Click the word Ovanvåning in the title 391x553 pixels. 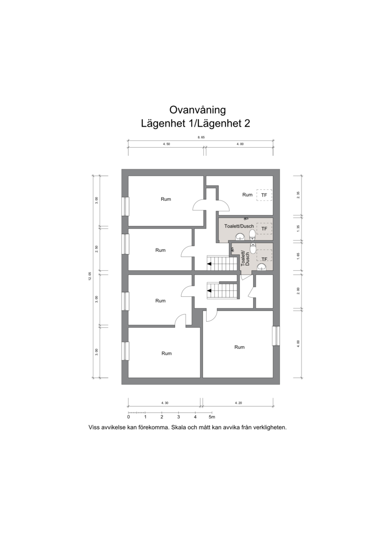[x=197, y=110]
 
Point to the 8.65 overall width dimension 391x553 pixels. [x=201, y=137]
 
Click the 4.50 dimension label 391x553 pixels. [x=166, y=144]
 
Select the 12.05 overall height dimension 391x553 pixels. [x=90, y=277]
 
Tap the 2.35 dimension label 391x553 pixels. [x=298, y=196]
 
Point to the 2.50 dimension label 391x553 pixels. [x=97, y=249]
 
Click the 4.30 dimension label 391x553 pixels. [x=165, y=403]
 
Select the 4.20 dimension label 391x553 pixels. [x=239, y=403]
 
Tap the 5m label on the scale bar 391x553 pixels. [x=212, y=417]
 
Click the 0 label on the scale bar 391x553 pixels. [x=129, y=417]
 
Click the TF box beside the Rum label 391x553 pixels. [x=264, y=195]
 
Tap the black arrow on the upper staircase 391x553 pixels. [x=209, y=264]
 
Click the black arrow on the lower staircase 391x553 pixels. [x=209, y=291]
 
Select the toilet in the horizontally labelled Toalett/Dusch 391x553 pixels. [x=252, y=234]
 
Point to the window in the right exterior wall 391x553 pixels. [x=276, y=336]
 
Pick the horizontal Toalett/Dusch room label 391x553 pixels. [x=239, y=226]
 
